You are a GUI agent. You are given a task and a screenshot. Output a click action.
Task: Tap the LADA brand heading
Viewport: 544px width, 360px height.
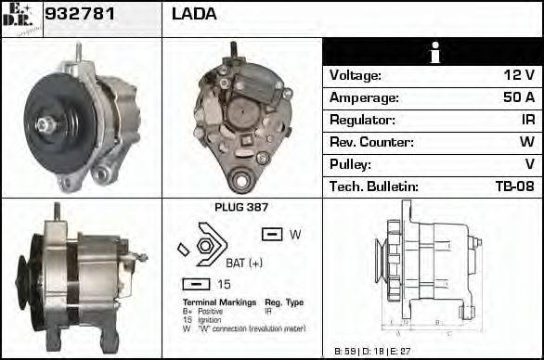pos(194,14)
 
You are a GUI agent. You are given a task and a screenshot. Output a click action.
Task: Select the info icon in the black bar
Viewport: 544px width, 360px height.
pos(433,52)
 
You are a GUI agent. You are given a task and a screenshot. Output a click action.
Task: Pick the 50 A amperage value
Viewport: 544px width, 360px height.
pos(518,97)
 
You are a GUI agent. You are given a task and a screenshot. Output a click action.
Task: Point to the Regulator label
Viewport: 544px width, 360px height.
pos(363,120)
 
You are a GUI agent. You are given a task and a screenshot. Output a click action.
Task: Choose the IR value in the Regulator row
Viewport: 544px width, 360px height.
pos(526,120)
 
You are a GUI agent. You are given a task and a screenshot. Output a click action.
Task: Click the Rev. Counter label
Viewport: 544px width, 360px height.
pos(371,142)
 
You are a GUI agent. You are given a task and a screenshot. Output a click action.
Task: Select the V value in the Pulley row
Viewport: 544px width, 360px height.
pos(529,164)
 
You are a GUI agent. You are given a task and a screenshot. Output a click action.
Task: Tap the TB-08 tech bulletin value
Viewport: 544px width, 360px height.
pos(514,186)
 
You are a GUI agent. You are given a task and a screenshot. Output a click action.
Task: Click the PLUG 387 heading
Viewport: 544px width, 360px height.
pos(240,207)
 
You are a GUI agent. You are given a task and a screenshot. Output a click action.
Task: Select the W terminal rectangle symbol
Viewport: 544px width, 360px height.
pos(271,235)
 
